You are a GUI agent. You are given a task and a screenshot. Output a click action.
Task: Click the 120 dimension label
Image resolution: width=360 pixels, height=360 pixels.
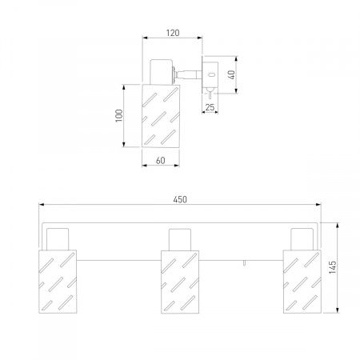(173, 33)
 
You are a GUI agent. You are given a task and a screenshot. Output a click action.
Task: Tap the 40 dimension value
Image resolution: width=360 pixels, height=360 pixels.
(232, 74)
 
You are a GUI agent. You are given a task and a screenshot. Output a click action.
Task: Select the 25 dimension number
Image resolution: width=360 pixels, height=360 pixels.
(210, 107)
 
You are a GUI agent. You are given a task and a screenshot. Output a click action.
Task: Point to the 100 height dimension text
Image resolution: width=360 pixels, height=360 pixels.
(119, 115)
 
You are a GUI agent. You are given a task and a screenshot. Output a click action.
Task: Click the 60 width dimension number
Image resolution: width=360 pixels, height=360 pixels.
(161, 161)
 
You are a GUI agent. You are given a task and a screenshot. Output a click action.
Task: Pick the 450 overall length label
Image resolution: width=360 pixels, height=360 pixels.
(180, 199)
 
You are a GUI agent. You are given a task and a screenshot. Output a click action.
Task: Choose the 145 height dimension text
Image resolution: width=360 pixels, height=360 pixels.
(333, 267)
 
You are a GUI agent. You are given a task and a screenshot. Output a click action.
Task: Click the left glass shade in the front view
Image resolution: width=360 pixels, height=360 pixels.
(58, 282)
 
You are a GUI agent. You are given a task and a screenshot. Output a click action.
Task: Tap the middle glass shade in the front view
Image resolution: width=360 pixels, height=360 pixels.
(180, 282)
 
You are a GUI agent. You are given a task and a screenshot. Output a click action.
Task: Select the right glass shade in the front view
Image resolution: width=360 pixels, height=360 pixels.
(302, 282)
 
